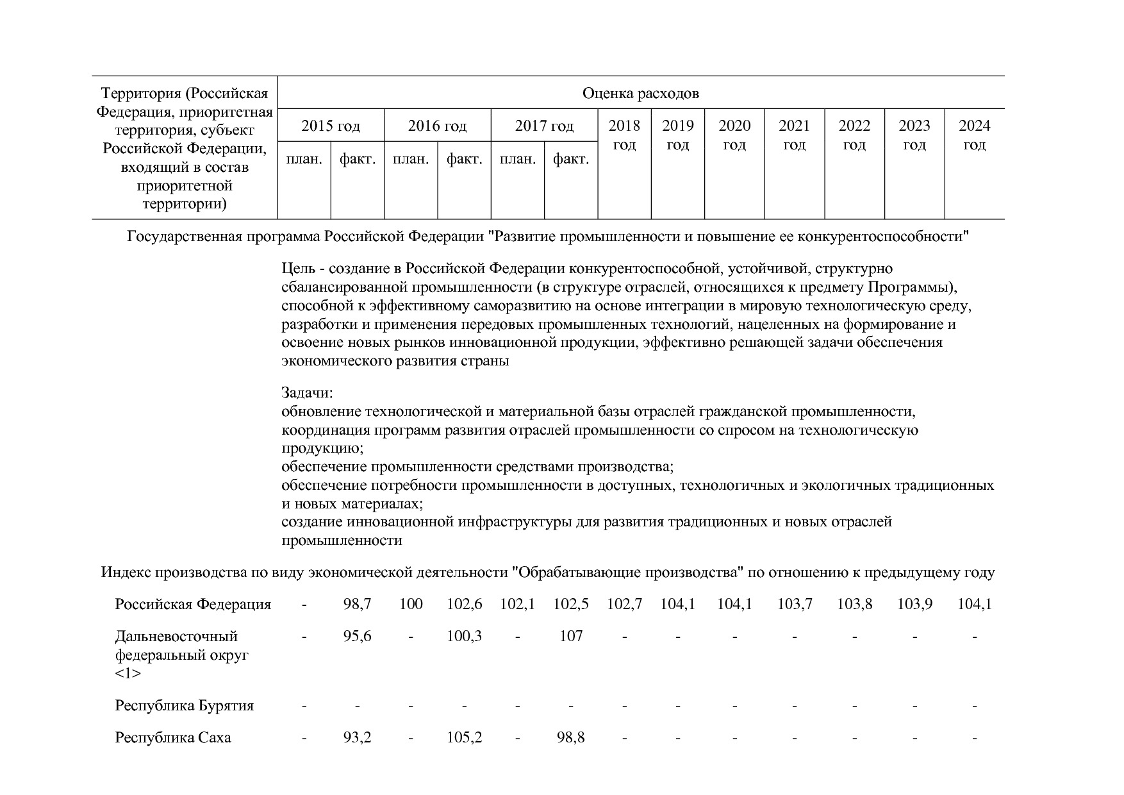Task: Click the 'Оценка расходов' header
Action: (x=640, y=94)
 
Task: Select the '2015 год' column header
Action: (x=331, y=126)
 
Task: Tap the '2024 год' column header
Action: (x=974, y=135)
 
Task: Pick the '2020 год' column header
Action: (x=734, y=135)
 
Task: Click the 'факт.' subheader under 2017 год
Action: (x=571, y=159)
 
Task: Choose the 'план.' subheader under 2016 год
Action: (x=411, y=159)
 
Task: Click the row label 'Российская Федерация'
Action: (x=193, y=604)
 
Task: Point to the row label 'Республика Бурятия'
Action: (x=185, y=705)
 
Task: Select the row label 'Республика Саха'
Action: (x=173, y=737)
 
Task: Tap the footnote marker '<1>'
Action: (x=128, y=674)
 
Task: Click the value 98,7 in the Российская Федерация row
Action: (x=357, y=604)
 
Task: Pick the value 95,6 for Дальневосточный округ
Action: (x=357, y=636)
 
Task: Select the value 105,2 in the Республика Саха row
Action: (x=464, y=737)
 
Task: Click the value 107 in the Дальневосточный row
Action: (x=571, y=636)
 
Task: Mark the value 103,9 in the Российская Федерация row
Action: (x=914, y=604)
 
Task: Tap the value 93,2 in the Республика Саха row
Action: (x=357, y=737)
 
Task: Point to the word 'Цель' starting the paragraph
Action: (x=298, y=268)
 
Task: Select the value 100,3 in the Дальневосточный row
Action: (x=464, y=636)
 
